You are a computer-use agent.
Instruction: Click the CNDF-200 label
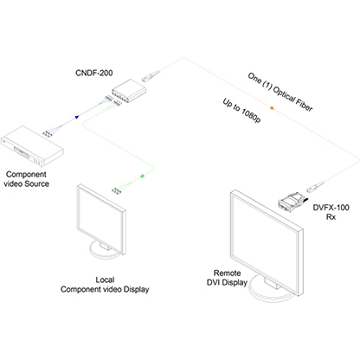point(94,73)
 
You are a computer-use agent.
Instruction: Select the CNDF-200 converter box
point(129,91)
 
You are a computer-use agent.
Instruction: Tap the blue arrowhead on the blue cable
point(77,117)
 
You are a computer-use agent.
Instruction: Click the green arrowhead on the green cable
point(142,176)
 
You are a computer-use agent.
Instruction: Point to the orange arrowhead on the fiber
point(272,108)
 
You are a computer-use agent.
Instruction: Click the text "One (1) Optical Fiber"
point(280,92)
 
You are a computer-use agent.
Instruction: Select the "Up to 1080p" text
point(241,110)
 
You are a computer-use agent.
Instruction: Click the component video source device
point(32,146)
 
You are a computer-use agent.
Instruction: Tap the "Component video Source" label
point(26,179)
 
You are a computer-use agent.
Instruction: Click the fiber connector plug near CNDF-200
point(151,75)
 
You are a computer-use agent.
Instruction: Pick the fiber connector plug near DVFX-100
point(316,186)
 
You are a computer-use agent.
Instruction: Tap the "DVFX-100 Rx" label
point(331,212)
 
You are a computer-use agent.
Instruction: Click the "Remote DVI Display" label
point(227,278)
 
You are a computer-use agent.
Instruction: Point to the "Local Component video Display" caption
point(105,285)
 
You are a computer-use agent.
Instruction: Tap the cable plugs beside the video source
point(47,133)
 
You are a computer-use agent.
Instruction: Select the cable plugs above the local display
point(116,190)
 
